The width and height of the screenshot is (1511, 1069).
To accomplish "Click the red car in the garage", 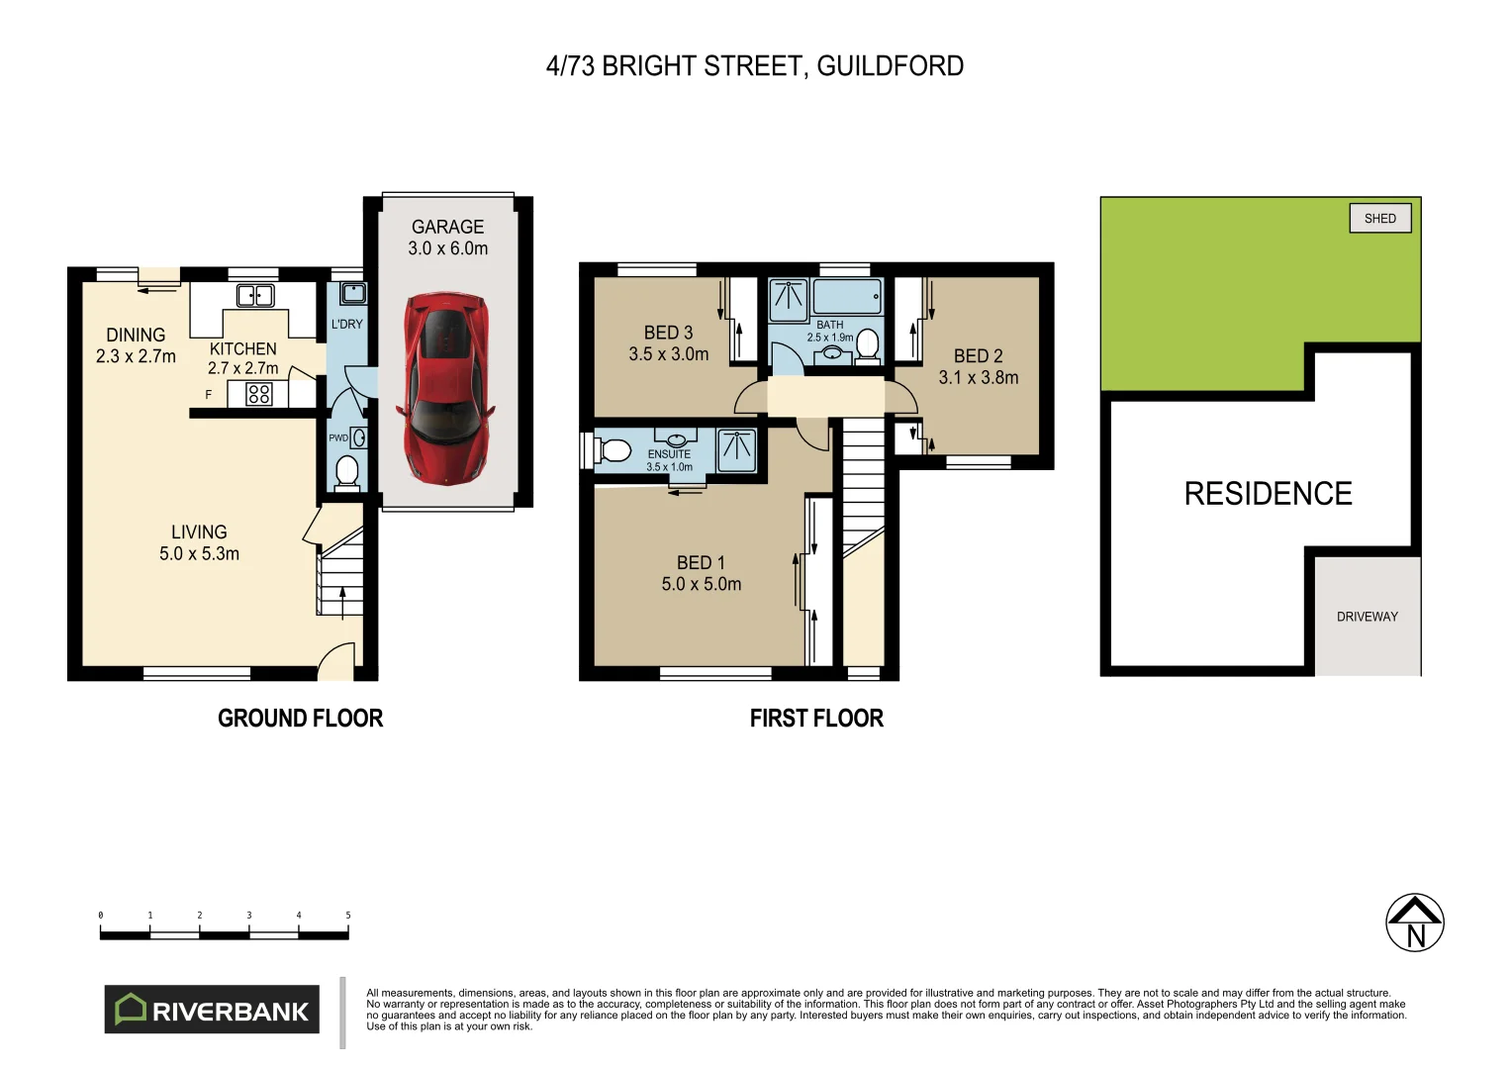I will [x=446, y=388].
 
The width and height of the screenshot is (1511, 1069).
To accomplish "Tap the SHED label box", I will [x=1379, y=219].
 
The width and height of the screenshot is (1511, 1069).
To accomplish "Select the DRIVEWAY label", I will [x=1367, y=617].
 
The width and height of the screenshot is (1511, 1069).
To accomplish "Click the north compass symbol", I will [x=1414, y=923].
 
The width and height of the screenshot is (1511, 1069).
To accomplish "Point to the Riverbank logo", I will [x=212, y=1010].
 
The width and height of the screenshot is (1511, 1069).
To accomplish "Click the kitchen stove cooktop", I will [x=258, y=394].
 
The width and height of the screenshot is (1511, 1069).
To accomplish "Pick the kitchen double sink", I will [x=255, y=295].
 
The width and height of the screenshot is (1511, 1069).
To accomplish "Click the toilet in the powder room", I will [x=346, y=471].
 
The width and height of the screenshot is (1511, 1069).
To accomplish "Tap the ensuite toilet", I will [x=614, y=451].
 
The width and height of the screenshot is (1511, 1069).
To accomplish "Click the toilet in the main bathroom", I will [x=867, y=344].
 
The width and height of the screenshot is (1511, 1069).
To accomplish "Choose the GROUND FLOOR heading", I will [x=300, y=719].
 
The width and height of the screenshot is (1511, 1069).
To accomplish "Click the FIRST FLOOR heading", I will [x=816, y=719].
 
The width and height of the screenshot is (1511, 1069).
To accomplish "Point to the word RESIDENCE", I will [x=1268, y=494].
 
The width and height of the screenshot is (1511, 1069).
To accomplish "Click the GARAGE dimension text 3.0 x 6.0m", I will [x=447, y=248].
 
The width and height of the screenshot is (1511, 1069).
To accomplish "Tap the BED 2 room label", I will [x=978, y=355].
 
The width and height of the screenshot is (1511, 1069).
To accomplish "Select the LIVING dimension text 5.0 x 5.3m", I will [x=199, y=554].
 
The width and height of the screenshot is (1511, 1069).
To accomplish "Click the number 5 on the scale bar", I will [x=347, y=916].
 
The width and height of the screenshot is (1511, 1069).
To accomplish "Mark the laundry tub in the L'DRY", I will [x=352, y=293].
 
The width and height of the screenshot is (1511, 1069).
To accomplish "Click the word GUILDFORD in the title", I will [x=890, y=66].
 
